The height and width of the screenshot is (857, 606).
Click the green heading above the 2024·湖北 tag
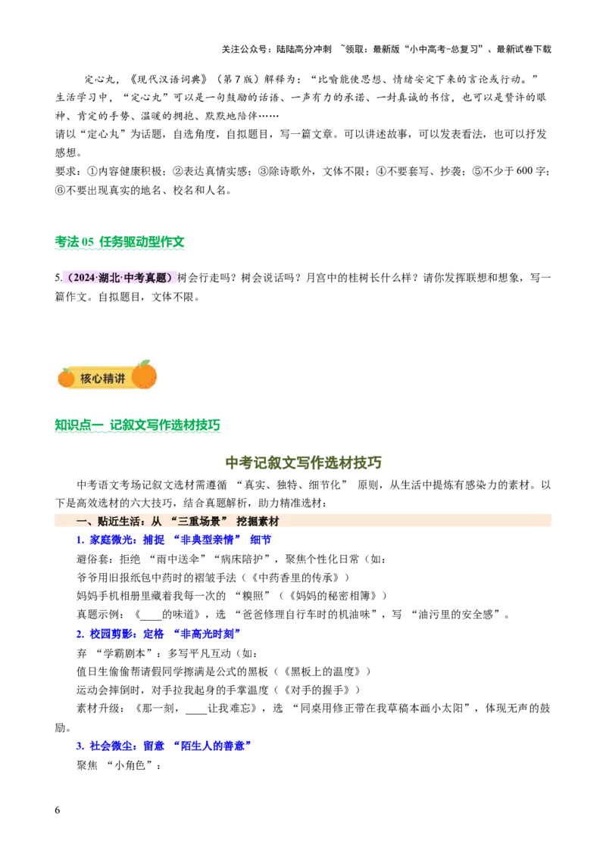tap(120, 244)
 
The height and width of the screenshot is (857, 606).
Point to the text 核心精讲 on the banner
tap(102, 378)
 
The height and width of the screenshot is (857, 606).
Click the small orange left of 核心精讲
tap(67, 377)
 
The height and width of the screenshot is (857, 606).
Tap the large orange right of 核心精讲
tap(144, 375)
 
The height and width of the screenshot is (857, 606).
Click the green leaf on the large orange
tap(145, 363)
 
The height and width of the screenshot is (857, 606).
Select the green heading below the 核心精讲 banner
tap(139, 426)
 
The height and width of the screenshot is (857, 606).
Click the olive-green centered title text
tap(303, 463)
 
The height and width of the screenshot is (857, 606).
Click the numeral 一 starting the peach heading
tap(81, 522)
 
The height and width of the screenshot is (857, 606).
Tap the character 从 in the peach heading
tap(157, 522)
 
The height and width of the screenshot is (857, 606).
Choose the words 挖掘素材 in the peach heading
tap(258, 522)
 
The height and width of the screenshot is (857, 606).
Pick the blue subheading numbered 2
tap(158, 634)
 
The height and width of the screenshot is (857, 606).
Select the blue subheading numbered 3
tap(163, 746)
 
